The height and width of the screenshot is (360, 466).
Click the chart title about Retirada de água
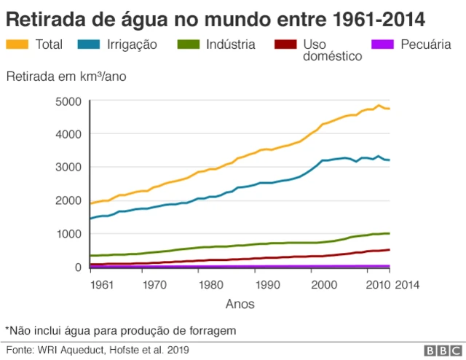tap(216, 17)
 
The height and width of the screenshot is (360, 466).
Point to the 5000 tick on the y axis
tap(68, 101)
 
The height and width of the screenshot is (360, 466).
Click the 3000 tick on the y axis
tap(68, 168)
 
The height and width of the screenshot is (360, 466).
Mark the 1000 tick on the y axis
tap(68, 234)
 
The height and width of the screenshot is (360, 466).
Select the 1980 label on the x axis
tap(210, 285)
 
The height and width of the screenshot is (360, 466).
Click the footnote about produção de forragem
tap(121, 330)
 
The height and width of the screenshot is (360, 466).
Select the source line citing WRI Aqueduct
tap(98, 350)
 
